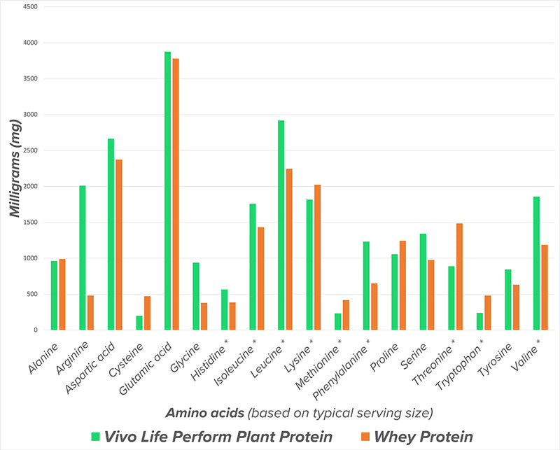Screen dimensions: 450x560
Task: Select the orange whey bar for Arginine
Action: (x=90, y=313)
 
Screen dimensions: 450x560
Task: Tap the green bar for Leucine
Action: (x=281, y=225)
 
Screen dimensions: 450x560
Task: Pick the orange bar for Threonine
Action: (x=459, y=276)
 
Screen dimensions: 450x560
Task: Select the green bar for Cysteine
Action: (x=139, y=323)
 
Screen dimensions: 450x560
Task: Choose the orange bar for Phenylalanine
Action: (x=374, y=307)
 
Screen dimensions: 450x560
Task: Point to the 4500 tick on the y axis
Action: (x=31, y=7)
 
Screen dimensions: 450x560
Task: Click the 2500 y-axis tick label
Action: (x=31, y=150)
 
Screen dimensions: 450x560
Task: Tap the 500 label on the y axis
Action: (x=34, y=294)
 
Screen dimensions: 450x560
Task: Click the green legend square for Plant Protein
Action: (x=96, y=437)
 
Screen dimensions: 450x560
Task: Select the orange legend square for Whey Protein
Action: (x=365, y=437)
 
